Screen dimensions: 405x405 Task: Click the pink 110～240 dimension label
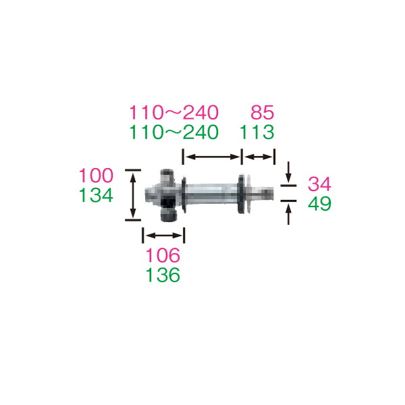[x=174, y=113]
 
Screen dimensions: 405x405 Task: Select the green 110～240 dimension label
[x=174, y=132]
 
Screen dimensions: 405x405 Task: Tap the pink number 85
[x=262, y=113]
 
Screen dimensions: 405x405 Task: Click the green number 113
[x=257, y=132]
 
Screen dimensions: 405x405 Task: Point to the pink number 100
[x=96, y=175]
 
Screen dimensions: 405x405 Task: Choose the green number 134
[x=96, y=195]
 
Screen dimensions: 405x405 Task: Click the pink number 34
[x=319, y=184]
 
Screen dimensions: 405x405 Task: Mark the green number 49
[x=319, y=204]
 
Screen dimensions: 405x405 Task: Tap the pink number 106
[x=163, y=255]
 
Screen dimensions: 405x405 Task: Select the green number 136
[x=163, y=275]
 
